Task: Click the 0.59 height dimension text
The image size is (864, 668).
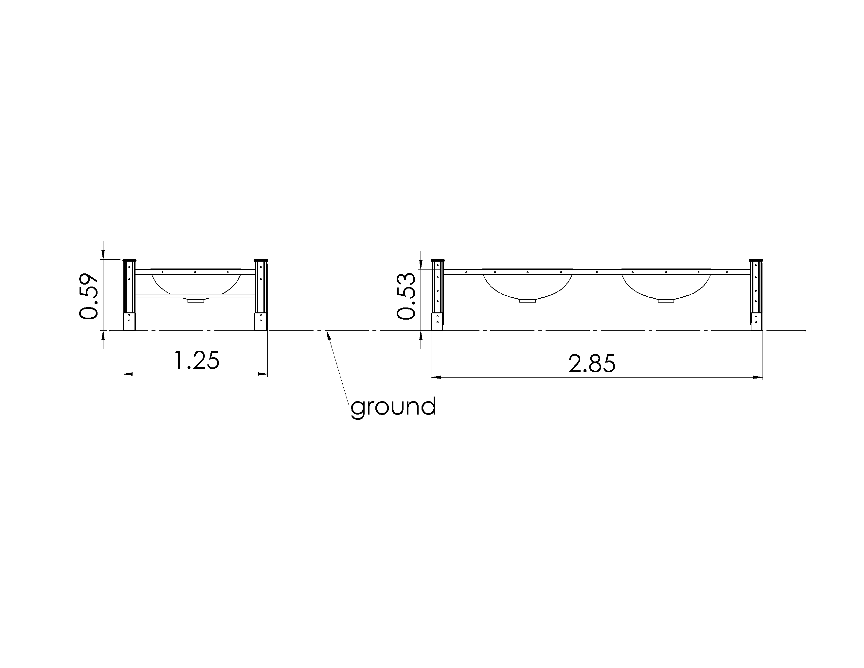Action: tap(89, 296)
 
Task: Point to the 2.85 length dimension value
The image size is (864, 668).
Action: tap(592, 364)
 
